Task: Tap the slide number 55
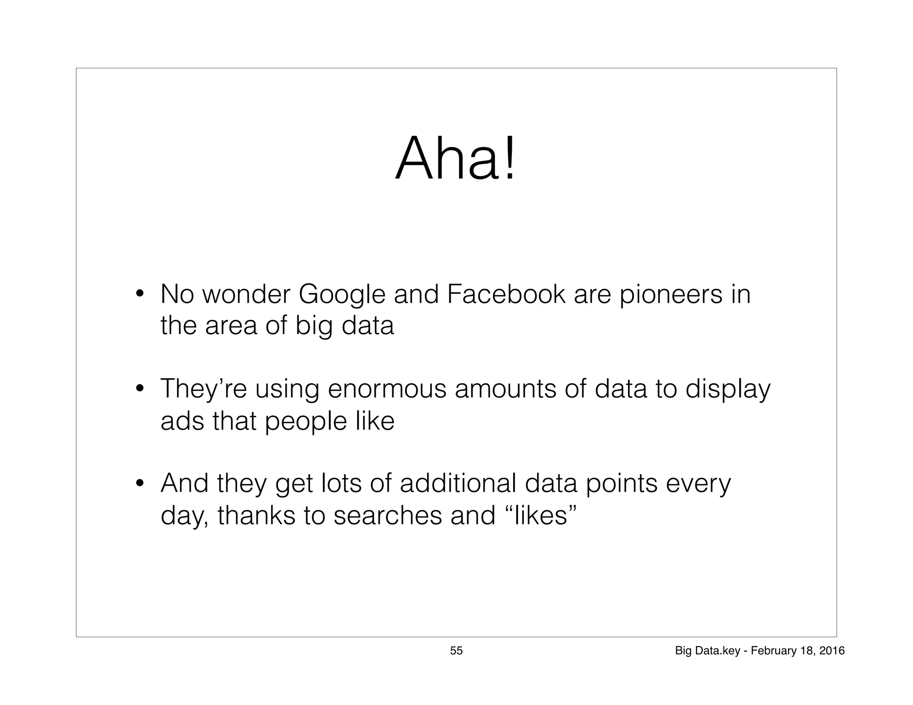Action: tap(456, 651)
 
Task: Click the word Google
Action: tap(341, 295)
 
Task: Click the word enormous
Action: tap(387, 389)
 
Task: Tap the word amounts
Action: tap(506, 389)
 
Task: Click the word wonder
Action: tap(246, 295)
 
